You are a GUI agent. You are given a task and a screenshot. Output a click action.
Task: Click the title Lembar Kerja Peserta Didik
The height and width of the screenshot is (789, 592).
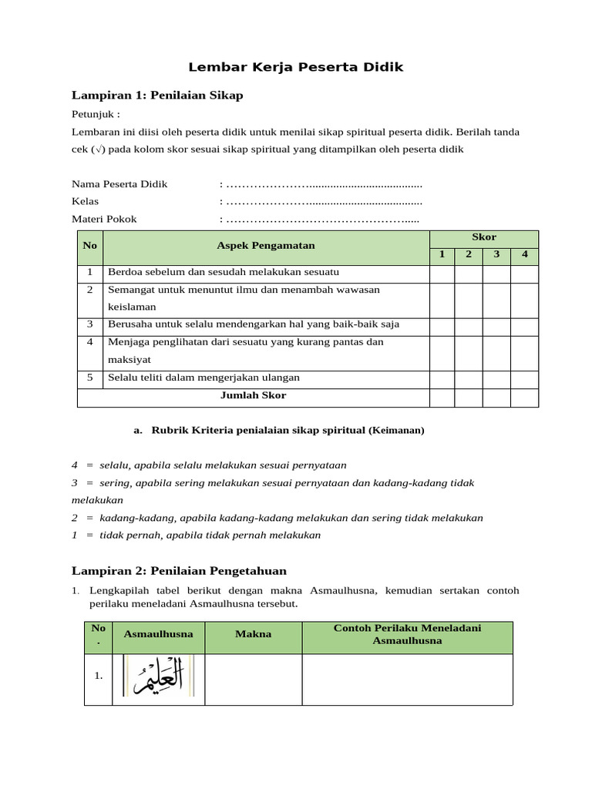[x=297, y=67]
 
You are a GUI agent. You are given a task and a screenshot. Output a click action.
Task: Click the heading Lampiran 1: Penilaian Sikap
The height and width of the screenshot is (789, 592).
[x=157, y=96]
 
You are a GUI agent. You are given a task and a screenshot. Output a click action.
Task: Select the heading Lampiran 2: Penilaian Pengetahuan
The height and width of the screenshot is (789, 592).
[x=179, y=571]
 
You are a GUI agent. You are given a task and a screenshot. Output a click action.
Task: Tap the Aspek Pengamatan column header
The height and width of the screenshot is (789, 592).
[x=265, y=246]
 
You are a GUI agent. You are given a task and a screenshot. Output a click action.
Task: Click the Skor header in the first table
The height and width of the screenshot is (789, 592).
[x=483, y=237]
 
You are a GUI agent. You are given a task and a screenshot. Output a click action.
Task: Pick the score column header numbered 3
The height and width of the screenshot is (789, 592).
[x=496, y=255]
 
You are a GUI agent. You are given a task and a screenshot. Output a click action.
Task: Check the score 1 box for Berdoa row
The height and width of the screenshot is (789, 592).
[x=442, y=273]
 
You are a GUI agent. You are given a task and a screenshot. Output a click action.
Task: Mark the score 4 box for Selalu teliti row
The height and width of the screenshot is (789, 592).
[x=524, y=378]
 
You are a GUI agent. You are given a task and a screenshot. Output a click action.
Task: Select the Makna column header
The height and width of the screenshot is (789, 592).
[x=254, y=634]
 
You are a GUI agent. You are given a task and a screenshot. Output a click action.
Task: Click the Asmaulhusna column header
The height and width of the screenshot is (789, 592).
[x=158, y=634]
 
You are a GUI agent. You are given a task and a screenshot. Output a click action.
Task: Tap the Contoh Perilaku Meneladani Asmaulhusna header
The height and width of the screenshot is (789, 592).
[x=407, y=634]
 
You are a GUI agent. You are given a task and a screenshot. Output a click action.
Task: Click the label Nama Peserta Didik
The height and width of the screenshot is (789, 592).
[x=119, y=184]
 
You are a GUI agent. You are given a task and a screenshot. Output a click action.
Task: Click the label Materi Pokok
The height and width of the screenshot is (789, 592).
[x=104, y=220]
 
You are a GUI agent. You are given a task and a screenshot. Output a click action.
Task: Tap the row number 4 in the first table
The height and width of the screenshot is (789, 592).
[x=90, y=342]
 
